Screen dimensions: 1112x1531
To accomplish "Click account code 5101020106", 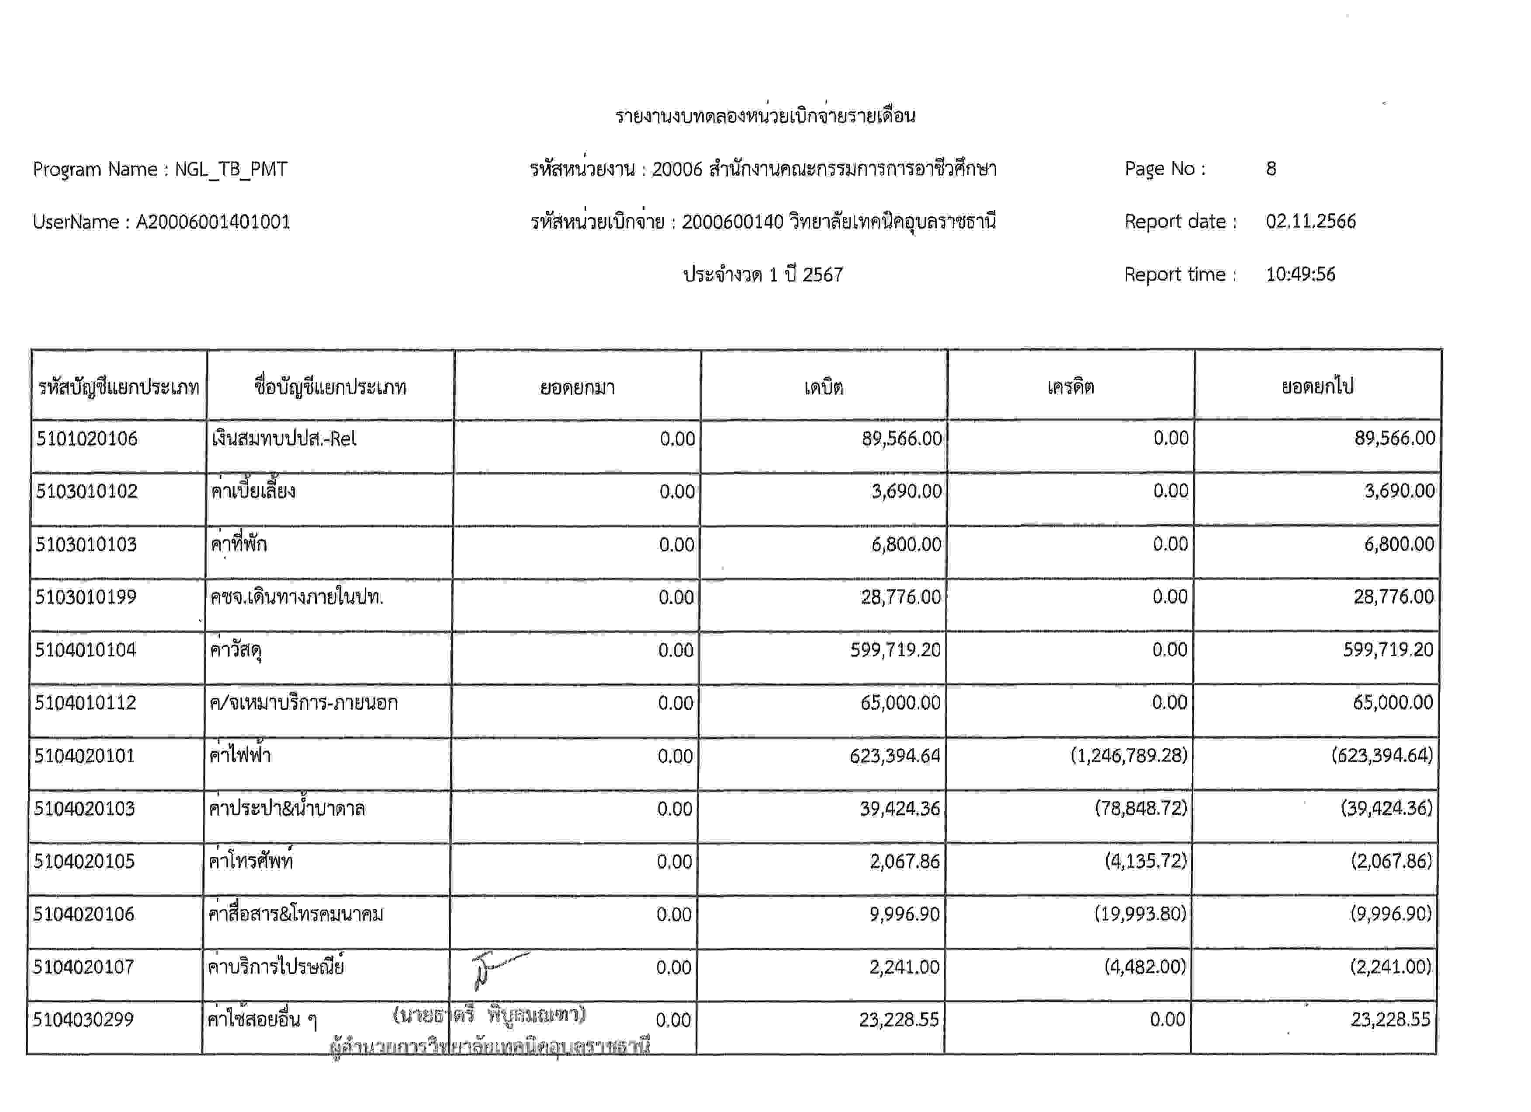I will pos(87,439).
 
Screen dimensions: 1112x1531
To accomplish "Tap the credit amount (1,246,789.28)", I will pos(1128,755).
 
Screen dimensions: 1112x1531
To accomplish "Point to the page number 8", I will pos(1271,169).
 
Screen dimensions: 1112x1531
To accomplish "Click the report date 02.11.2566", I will pos(1310,222).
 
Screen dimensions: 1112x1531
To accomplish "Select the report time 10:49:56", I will pos(1300,275).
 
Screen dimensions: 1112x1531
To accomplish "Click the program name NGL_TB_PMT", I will pos(231,169).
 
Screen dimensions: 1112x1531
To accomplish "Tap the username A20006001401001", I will pos(213,222).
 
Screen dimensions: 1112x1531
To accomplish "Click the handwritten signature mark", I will pos(496,970).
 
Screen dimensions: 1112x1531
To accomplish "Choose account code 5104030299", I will pos(83,1019).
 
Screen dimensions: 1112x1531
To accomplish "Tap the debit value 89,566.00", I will pos(901,439).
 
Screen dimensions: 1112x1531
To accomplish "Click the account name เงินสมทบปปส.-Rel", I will pos(284,439).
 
